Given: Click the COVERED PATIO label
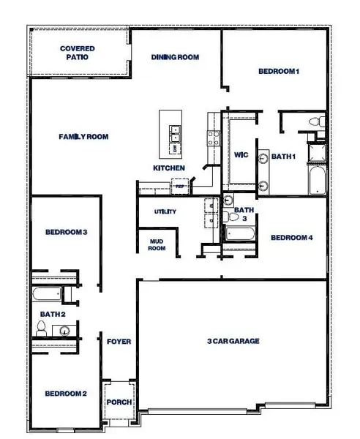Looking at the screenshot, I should pos(77,53).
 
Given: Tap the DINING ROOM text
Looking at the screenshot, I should pos(176,57).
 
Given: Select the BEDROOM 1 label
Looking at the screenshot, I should pos(279,71).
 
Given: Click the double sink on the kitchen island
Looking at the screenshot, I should pos(176,132).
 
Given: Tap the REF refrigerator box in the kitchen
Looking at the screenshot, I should pos(179,187).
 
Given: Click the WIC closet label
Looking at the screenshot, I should pos(241,154).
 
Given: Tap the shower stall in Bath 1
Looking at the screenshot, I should pos(316,151).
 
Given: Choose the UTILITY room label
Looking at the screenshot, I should pos(165,211).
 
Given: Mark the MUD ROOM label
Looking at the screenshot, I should pos(157,244).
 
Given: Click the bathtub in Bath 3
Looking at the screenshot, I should pos(239,235).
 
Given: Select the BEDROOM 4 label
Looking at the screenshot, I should pos(291,238).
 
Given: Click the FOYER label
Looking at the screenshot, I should pos(119,342).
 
